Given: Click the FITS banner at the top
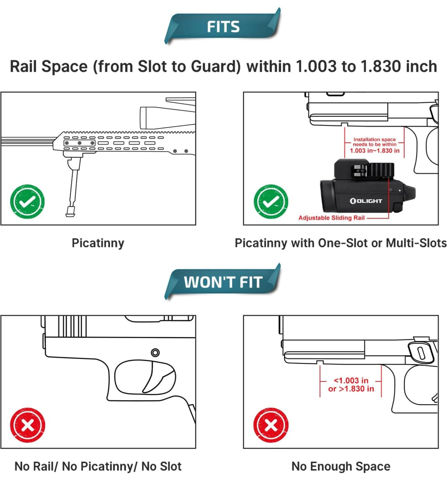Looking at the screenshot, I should [x=223, y=27].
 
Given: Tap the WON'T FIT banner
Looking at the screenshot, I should [x=223, y=282].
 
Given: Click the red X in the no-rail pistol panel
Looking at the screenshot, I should [x=28, y=425].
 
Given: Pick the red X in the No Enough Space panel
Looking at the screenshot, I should [x=271, y=425].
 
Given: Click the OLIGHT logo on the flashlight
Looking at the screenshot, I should [x=366, y=201].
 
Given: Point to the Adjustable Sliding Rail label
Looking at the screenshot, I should [x=331, y=218].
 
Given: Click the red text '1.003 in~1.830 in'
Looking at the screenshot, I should [x=375, y=151].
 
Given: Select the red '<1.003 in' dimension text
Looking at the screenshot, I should [x=351, y=381].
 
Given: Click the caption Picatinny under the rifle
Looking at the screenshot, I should [x=98, y=243].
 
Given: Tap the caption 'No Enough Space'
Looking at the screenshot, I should [x=340, y=467].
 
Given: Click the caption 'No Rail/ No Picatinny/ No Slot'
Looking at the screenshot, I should [x=98, y=467].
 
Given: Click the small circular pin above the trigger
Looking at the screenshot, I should [x=155, y=352].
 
